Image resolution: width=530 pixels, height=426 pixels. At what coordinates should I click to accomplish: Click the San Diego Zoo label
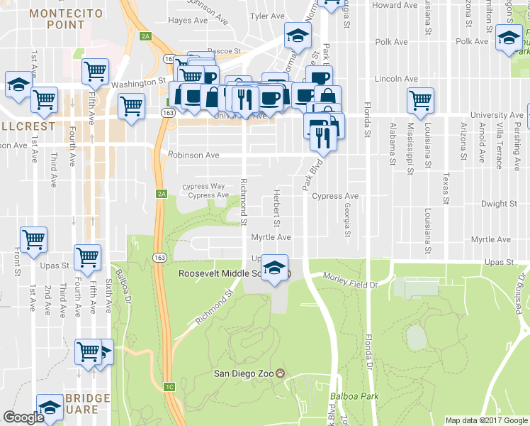point(244,373)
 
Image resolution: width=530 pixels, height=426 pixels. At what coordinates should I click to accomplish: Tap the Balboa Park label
point(354,396)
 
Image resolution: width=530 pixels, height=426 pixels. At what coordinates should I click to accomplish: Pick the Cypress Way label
point(203,186)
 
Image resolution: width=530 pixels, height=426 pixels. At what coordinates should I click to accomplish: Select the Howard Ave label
point(395,5)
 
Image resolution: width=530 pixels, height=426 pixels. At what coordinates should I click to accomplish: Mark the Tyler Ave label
point(267,16)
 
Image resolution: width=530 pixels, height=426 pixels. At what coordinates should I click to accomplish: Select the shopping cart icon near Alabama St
point(421,100)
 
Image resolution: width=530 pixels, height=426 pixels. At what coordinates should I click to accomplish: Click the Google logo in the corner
point(23,417)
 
